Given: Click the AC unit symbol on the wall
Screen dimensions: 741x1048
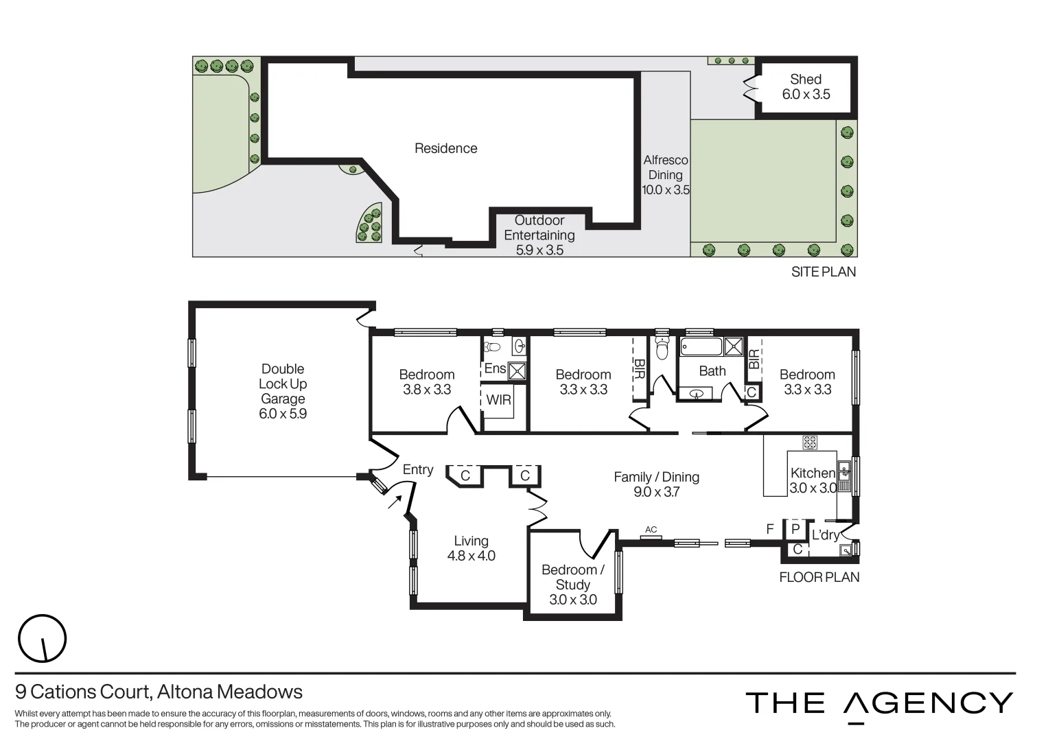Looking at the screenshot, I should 651,537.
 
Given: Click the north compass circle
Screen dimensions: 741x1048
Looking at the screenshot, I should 42,638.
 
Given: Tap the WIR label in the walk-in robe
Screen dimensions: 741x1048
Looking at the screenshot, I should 498,399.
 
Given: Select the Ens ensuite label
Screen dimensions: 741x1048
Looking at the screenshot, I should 495,368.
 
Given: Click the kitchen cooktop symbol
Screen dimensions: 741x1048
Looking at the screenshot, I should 810,443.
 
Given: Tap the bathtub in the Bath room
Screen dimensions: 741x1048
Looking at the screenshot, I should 701,346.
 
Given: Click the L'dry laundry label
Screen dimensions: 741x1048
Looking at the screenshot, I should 825,534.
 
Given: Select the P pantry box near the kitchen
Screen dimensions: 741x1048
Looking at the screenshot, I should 795,529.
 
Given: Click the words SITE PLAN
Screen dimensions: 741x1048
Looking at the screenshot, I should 823,272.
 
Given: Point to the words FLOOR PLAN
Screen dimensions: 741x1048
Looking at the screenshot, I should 819,577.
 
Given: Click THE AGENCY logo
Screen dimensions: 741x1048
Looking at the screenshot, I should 879,703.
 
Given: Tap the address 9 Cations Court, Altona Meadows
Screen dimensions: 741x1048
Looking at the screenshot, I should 159,691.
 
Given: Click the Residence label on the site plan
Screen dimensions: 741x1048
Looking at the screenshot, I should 445,148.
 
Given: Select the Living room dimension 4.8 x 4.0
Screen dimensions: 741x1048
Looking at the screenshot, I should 471,556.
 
